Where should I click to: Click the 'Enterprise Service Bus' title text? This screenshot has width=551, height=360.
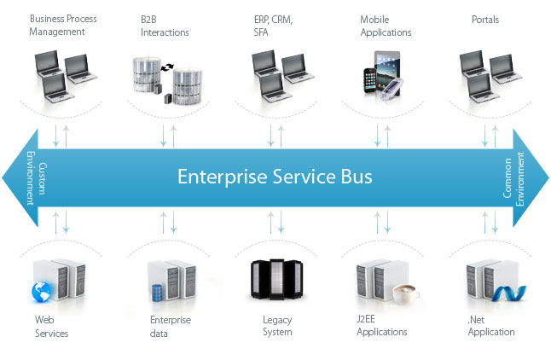[x=275, y=177]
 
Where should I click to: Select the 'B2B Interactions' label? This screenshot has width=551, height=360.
[x=165, y=26]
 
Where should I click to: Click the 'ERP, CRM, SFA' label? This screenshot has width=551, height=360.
[x=274, y=26]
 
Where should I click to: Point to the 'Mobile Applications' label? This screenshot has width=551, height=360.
[x=386, y=26]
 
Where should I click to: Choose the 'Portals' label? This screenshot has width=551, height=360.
[x=485, y=19]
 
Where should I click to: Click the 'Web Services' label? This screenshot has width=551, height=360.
[x=51, y=327]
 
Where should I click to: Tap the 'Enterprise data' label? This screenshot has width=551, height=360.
[x=170, y=327]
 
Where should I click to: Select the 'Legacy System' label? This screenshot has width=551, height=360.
[x=277, y=327]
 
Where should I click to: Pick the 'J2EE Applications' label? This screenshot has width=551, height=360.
[x=382, y=327]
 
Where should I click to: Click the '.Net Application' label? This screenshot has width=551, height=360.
[x=491, y=327]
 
